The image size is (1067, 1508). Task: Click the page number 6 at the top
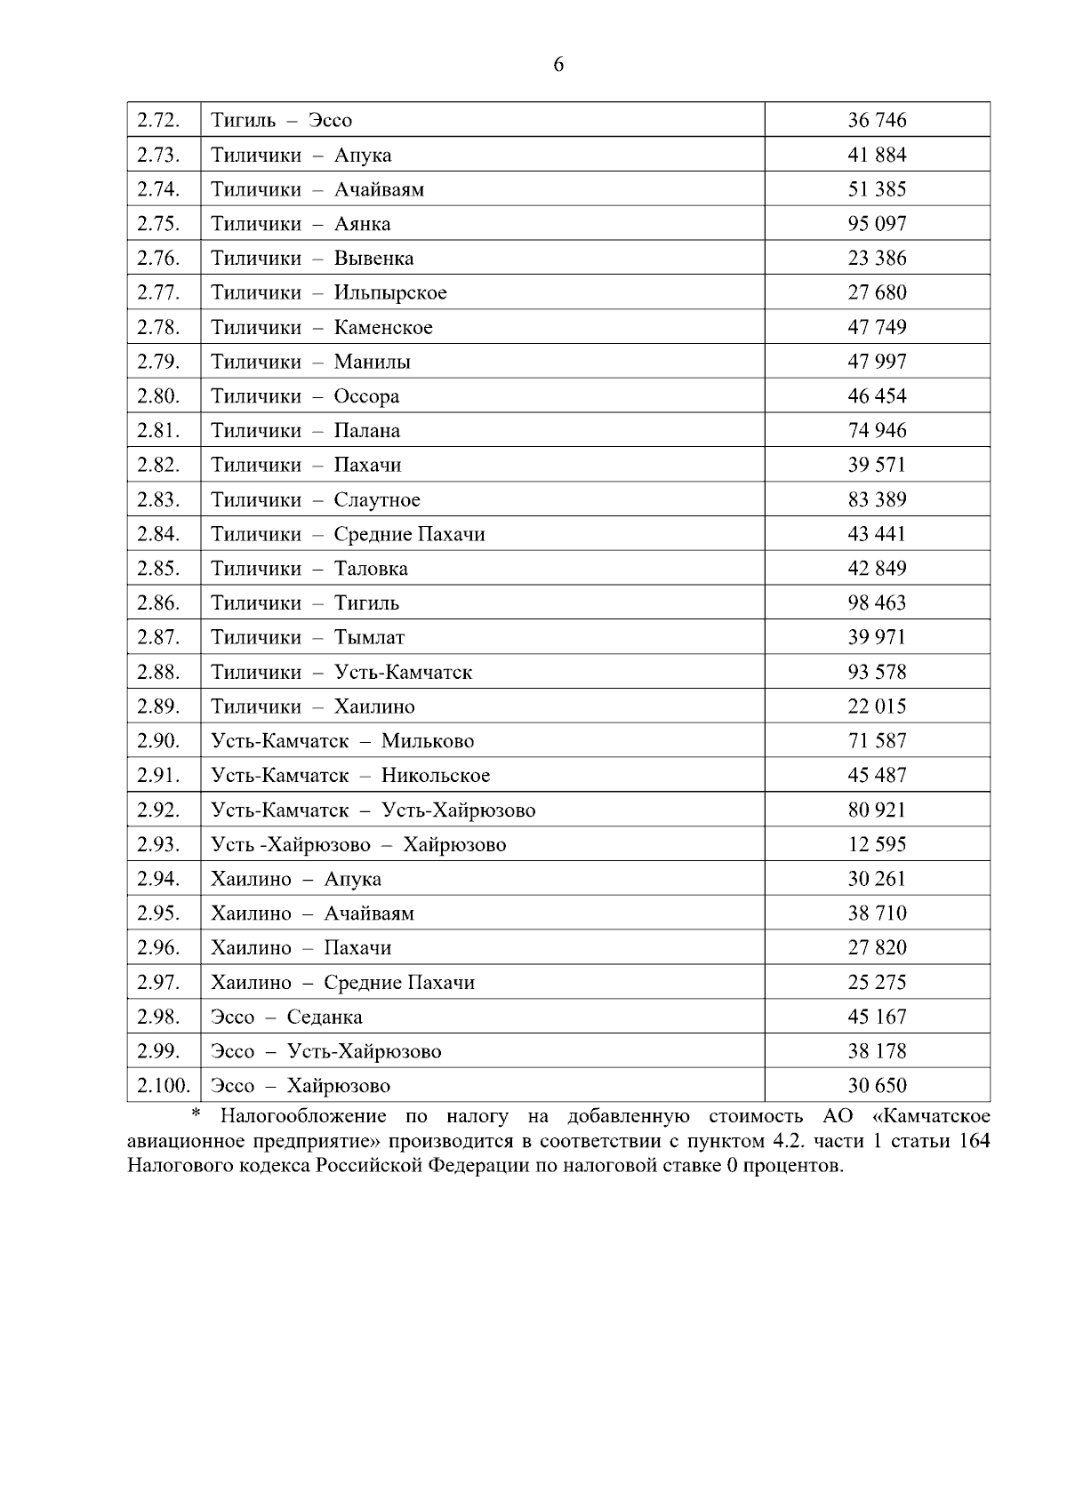point(558,65)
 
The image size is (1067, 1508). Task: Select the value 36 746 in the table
point(877,120)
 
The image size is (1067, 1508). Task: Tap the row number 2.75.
point(158,224)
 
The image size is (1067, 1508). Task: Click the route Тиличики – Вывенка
point(312,259)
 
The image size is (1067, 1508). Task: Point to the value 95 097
point(877,224)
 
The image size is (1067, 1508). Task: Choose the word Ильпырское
point(390,293)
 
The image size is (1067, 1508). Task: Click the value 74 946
point(877,431)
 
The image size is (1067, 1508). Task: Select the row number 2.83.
point(158,499)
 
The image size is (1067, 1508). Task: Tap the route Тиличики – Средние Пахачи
point(348,534)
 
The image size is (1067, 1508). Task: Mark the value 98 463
point(877,603)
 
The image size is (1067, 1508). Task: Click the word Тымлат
point(369,638)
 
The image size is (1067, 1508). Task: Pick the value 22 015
point(877,706)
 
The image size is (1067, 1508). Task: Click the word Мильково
point(428,741)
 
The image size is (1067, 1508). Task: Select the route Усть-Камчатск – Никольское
point(350,776)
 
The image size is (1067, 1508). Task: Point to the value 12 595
point(877,844)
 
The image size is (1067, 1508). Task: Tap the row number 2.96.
point(158,947)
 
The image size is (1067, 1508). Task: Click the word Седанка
point(325,1017)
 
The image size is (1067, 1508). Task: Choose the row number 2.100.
point(163,1086)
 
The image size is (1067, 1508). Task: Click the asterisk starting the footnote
point(197,1115)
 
